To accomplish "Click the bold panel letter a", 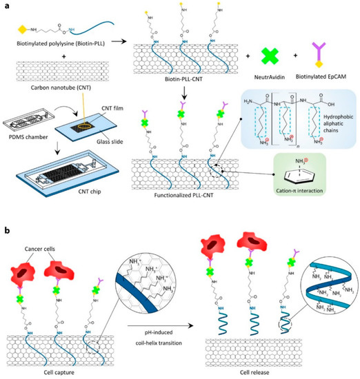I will click(5, 6).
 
